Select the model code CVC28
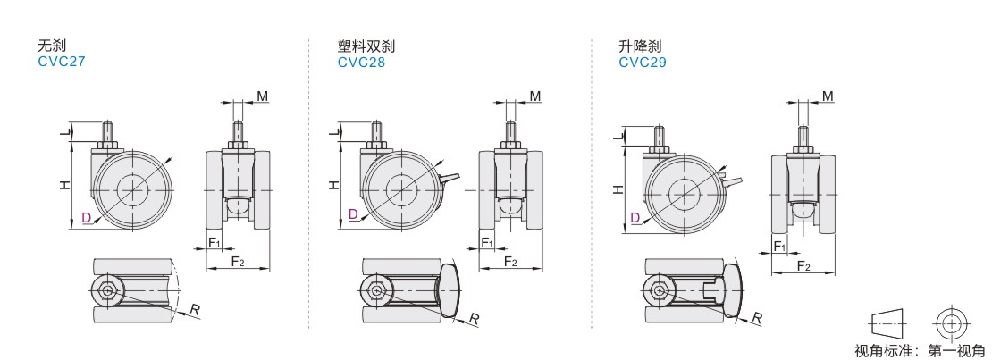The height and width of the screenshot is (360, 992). coord(361,63)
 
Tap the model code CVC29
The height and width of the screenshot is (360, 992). coord(642,63)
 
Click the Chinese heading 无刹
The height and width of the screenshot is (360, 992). coord(49,45)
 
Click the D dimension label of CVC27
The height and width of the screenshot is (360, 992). coord(86,217)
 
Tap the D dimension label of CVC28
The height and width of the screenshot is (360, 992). coord(354,213)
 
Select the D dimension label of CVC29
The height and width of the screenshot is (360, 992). coord(635,217)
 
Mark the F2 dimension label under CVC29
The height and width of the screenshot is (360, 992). coord(803,266)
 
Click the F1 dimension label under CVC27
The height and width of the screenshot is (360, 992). coord(214,242)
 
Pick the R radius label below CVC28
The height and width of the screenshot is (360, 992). coord(475,318)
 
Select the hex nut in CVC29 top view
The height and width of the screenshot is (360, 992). coord(658,289)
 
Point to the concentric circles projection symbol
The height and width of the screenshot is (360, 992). coord(951,322)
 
